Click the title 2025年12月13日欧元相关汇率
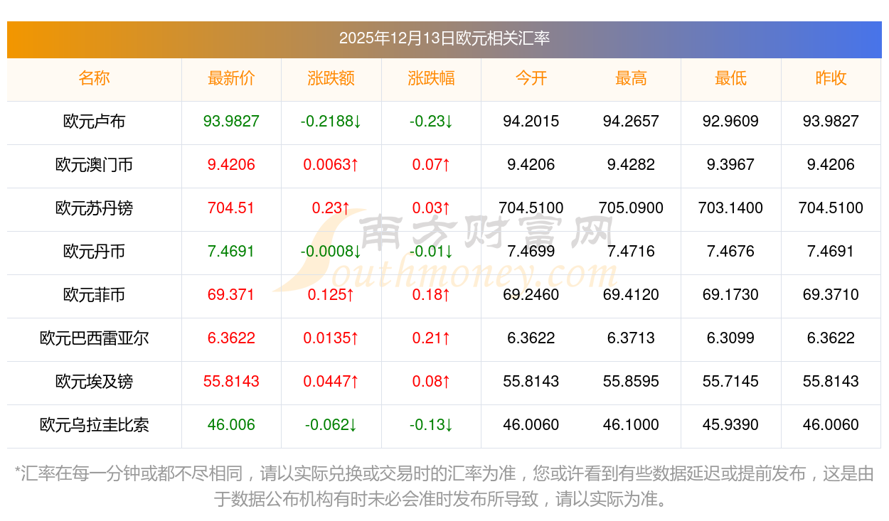444,38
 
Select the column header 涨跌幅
431,78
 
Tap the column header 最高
631,78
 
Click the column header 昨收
831,78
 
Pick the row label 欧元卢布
94,122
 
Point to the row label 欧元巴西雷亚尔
94,338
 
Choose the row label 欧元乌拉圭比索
94,425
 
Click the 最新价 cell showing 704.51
231,208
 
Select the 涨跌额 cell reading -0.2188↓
331,122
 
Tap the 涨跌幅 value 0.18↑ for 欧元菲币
431,295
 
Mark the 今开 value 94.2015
531,122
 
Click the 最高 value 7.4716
631,252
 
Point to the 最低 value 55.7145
730,382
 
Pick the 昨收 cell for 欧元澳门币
831,165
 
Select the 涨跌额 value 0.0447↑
331,382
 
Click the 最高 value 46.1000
631,425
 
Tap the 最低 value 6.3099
730,338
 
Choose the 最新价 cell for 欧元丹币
231,252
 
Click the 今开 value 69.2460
531,295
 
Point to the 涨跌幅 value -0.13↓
431,425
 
